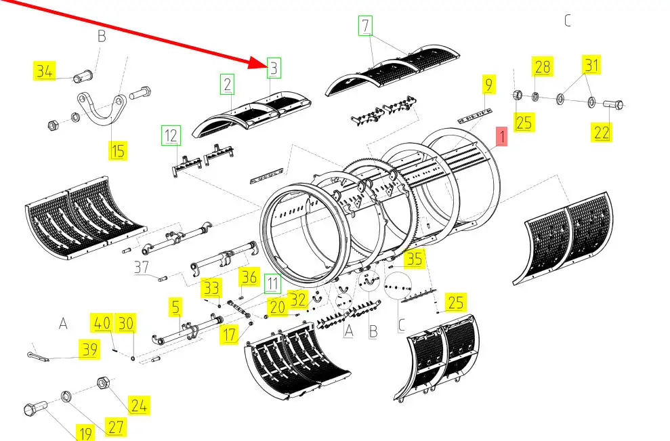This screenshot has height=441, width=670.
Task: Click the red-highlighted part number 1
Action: click(502, 137)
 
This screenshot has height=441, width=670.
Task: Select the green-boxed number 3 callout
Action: click(274, 68)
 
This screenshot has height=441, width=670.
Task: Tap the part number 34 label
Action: click(44, 70)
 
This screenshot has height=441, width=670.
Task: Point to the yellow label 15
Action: click(118, 150)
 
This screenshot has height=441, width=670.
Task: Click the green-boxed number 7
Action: click(366, 27)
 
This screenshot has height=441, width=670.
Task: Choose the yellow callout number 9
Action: click(487, 85)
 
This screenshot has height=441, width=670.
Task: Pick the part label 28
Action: click(543, 66)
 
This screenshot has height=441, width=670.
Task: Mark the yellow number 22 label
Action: click(602, 133)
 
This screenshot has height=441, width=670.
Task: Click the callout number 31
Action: click(592, 65)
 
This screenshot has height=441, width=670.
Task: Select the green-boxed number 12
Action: click(171, 135)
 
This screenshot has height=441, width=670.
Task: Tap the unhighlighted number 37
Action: click(141, 268)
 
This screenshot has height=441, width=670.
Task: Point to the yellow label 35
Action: click(414, 259)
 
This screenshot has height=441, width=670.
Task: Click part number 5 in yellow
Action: click(176, 308)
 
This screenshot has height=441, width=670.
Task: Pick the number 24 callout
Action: click(139, 406)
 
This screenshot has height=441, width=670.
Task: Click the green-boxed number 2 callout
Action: click(228, 85)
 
